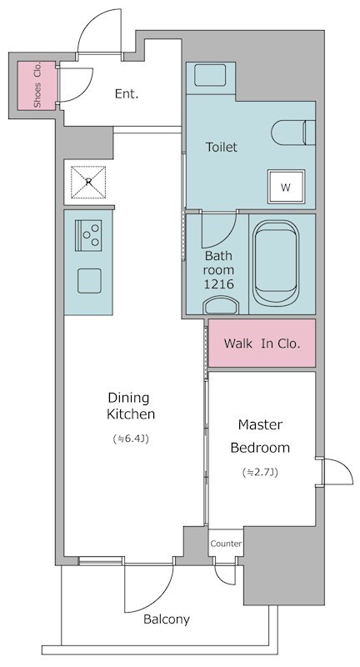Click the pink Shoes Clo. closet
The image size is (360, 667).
(37, 86)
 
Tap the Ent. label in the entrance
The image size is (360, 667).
(127, 94)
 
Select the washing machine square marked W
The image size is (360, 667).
(286, 187)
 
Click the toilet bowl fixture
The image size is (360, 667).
(293, 133)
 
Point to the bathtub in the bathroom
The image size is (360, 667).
(276, 263)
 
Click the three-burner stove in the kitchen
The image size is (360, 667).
(88, 235)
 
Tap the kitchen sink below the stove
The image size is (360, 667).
(89, 281)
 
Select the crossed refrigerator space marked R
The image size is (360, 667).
(88, 182)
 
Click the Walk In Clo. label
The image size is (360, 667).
(262, 344)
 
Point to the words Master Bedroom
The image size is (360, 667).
(260, 436)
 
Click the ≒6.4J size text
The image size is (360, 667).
(131, 439)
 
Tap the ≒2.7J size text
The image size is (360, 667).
(260, 472)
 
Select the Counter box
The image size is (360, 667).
(226, 544)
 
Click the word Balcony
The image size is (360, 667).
(166, 619)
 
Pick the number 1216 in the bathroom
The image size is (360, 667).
(219, 284)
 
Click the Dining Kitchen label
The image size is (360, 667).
(131, 406)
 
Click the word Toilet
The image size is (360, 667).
(222, 148)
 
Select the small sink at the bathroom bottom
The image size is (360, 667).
(221, 305)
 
